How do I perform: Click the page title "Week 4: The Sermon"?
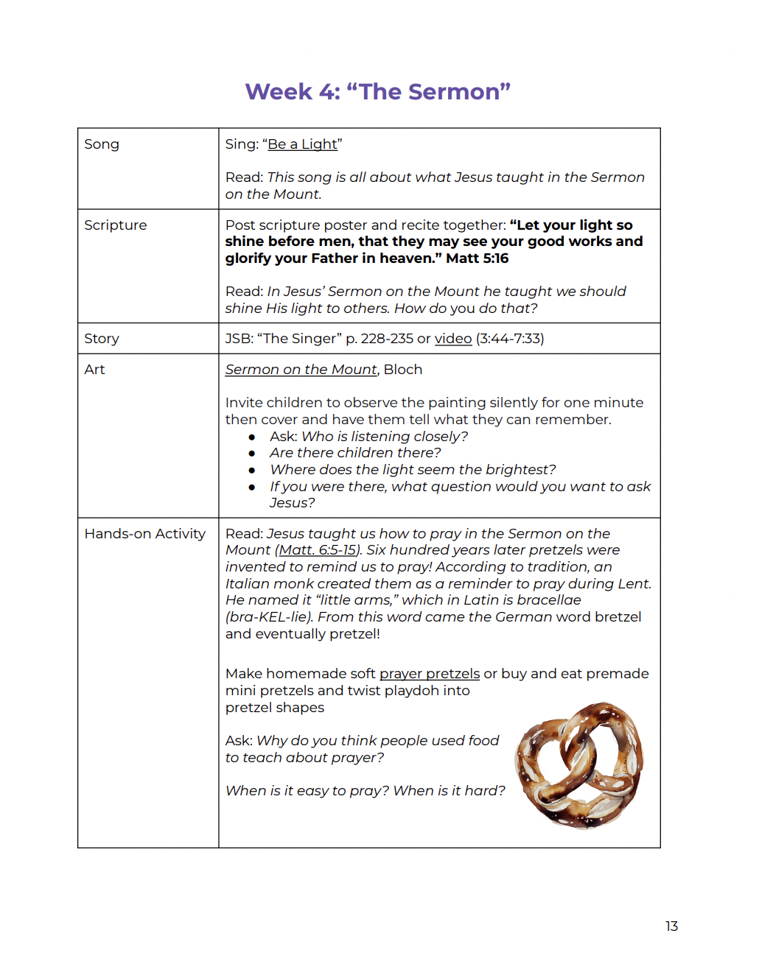pyautogui.click(x=377, y=91)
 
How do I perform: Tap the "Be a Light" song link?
pyautogui.click(x=302, y=144)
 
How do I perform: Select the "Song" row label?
pyautogui.click(x=102, y=144)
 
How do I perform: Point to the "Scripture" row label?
pyautogui.click(x=116, y=225)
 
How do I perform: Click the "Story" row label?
pyautogui.click(x=102, y=339)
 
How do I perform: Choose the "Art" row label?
pyautogui.click(x=94, y=370)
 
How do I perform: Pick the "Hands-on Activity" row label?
pyautogui.click(x=144, y=534)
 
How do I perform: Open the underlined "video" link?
pyautogui.click(x=453, y=339)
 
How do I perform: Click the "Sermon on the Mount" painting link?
pyautogui.click(x=301, y=370)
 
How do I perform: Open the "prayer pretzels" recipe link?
pyautogui.click(x=430, y=674)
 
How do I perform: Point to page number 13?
pyautogui.click(x=671, y=926)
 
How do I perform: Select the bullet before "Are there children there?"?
pyautogui.click(x=252, y=454)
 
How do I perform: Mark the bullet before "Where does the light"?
pyautogui.click(x=252, y=470)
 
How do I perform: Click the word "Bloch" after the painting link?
pyautogui.click(x=403, y=370)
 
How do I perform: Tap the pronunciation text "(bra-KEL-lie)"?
pyautogui.click(x=270, y=617)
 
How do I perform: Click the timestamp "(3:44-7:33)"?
pyautogui.click(x=510, y=339)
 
